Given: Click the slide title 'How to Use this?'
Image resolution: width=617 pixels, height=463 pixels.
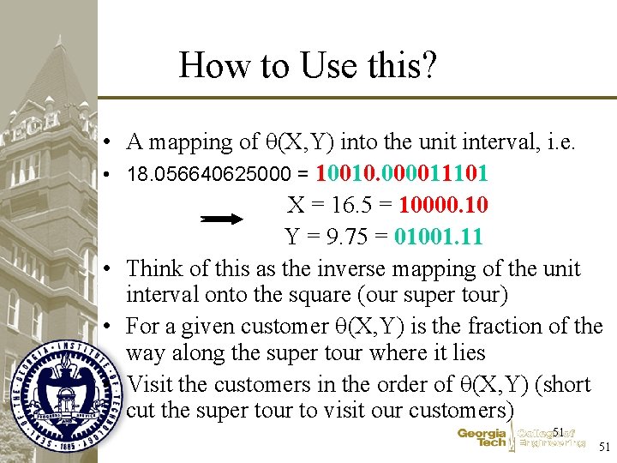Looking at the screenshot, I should click(x=308, y=65).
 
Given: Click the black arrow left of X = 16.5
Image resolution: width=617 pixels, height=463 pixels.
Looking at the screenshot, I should click(x=222, y=219).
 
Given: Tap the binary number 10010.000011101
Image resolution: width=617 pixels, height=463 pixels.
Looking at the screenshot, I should click(x=403, y=174).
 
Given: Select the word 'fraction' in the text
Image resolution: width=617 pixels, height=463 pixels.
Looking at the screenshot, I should click(x=494, y=327).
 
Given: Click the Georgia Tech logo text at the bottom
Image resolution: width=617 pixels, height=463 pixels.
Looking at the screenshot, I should click(x=482, y=438).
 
